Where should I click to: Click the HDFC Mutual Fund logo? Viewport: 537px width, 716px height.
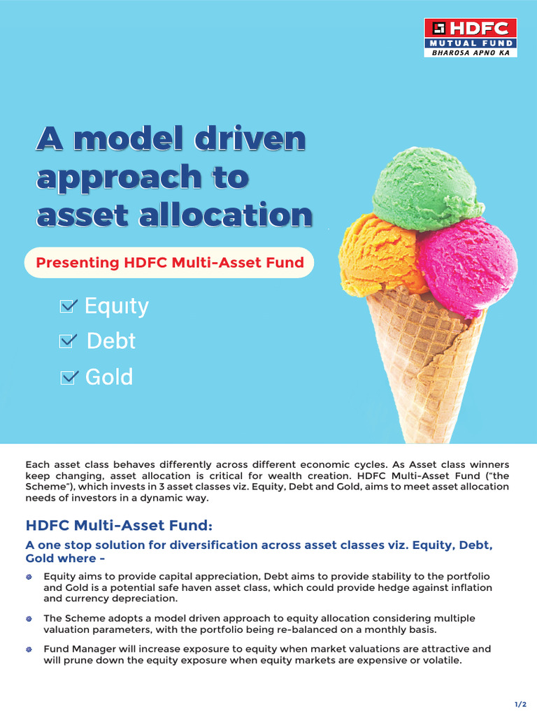coord(471,37)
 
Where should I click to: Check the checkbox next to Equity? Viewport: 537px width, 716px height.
coord(69,306)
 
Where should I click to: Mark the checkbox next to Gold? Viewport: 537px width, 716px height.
coord(69,378)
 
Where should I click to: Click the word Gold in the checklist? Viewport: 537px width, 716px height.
coord(109,378)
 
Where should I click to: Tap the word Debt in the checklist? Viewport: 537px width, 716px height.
coord(111,341)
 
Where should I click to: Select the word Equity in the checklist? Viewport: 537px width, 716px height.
coord(117,306)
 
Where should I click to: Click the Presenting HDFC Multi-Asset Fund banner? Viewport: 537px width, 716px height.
coord(169,263)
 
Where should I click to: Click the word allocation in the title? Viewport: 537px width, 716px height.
coord(234,214)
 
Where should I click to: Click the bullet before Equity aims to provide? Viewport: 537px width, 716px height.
coord(29,576)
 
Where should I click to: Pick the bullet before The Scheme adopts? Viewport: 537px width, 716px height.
coord(29,619)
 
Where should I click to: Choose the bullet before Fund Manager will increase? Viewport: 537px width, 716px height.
coord(29,650)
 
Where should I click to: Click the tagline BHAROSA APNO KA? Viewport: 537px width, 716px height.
coord(471,52)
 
